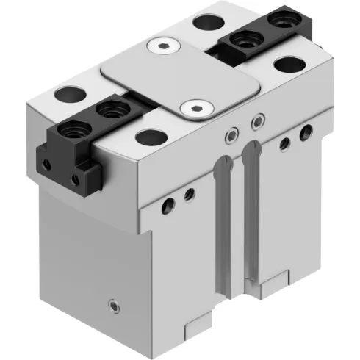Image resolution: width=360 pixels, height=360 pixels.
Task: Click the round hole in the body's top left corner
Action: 68,96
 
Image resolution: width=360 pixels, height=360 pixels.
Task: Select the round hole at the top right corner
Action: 287,63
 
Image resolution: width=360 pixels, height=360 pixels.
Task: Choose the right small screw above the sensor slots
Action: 256,120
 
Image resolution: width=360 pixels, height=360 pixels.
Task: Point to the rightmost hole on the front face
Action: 306,132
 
